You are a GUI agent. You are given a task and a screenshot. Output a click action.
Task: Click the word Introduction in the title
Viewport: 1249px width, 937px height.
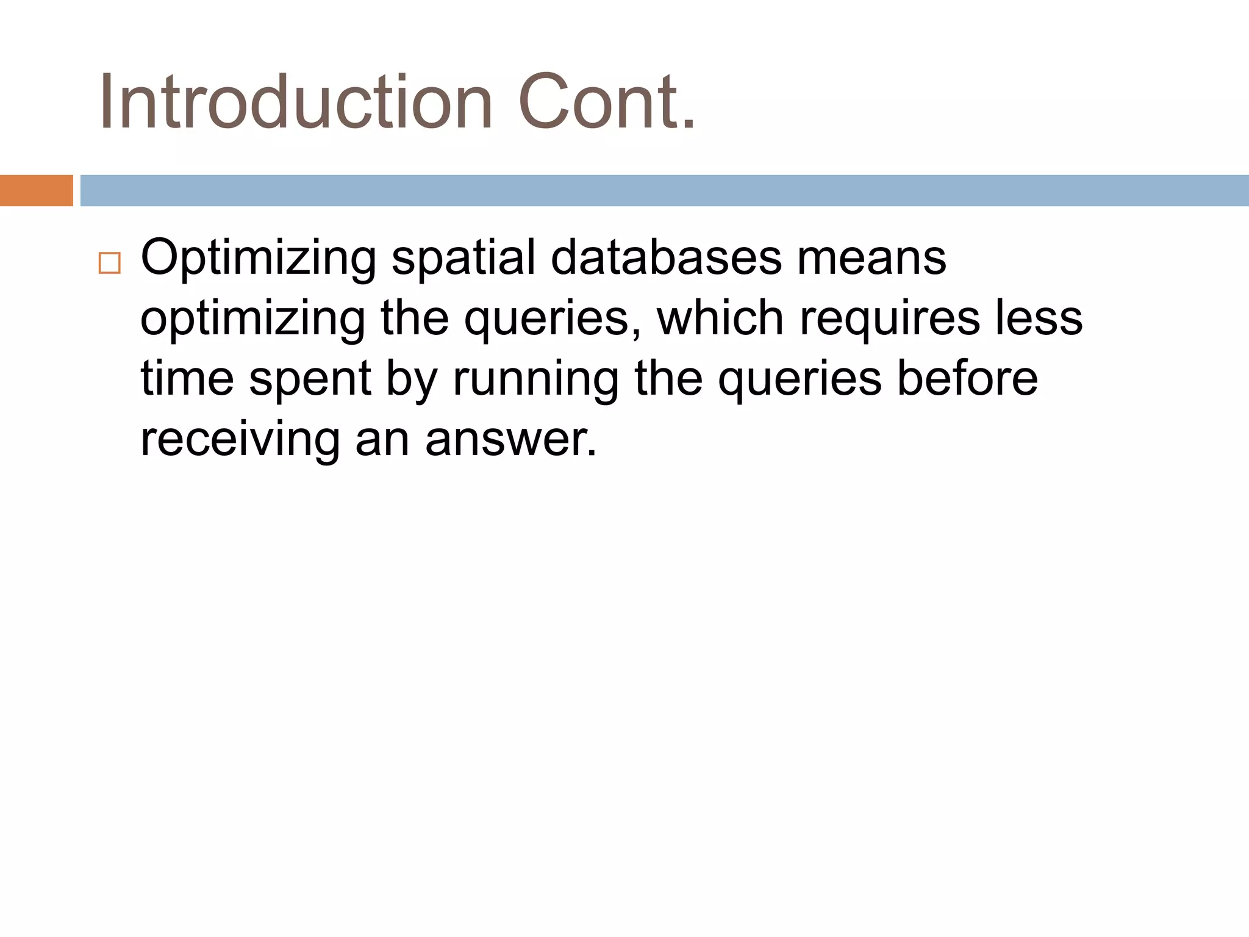pyautogui.click(x=296, y=102)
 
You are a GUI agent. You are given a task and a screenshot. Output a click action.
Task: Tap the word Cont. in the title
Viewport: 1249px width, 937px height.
pyautogui.click(x=607, y=102)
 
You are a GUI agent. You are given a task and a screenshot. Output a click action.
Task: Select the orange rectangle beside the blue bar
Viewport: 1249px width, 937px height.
pyautogui.click(x=36, y=190)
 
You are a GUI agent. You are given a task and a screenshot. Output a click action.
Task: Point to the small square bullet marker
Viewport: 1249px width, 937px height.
pyautogui.click(x=110, y=263)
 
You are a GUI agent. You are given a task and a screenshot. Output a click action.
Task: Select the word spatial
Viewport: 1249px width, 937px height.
pyautogui.click(x=463, y=257)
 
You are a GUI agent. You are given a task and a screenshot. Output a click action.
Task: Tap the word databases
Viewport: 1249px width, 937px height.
pyautogui.click(x=666, y=257)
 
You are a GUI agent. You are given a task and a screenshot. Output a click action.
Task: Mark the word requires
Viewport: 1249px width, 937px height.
pyautogui.click(x=890, y=320)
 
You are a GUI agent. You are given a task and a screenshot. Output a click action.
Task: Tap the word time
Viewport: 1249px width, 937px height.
pyautogui.click(x=187, y=378)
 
